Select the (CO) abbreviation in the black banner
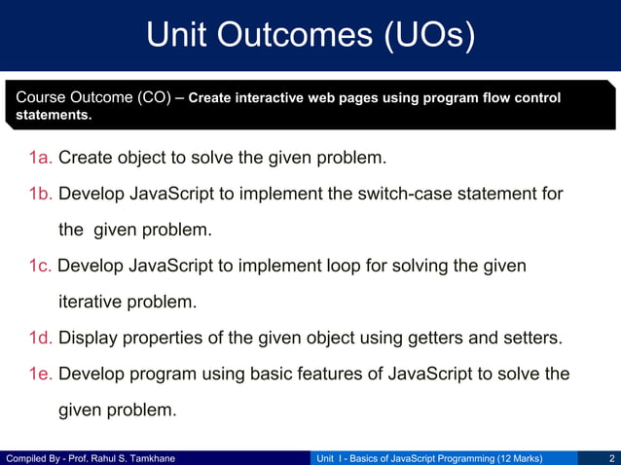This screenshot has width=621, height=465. click(152, 98)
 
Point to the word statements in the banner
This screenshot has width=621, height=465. click(55, 116)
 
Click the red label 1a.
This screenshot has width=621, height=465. click(41, 158)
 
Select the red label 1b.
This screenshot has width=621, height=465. click(41, 194)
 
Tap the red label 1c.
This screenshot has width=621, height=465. click(41, 266)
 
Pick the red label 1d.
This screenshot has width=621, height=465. click(41, 339)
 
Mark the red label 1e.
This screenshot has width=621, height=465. click(41, 375)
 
